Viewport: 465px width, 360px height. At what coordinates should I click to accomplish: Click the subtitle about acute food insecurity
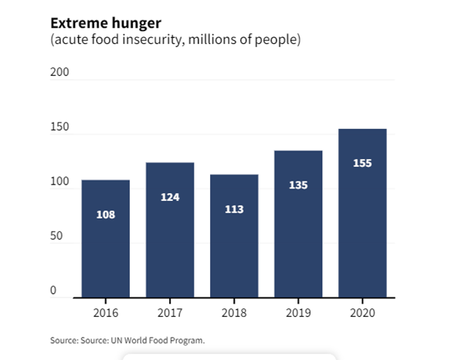click(175, 39)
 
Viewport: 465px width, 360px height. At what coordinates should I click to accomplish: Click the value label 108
click(106, 214)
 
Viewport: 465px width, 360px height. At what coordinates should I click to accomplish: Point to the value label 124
click(170, 197)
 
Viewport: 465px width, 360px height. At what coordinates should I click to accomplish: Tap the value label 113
click(234, 209)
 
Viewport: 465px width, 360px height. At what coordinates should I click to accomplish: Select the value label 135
click(298, 185)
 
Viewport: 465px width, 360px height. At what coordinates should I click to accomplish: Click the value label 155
click(362, 163)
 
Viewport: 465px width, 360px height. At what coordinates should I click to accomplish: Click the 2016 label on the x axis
click(106, 314)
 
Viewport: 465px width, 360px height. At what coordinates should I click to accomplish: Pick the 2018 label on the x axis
click(234, 314)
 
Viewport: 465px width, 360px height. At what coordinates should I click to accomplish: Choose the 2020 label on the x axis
click(362, 314)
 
